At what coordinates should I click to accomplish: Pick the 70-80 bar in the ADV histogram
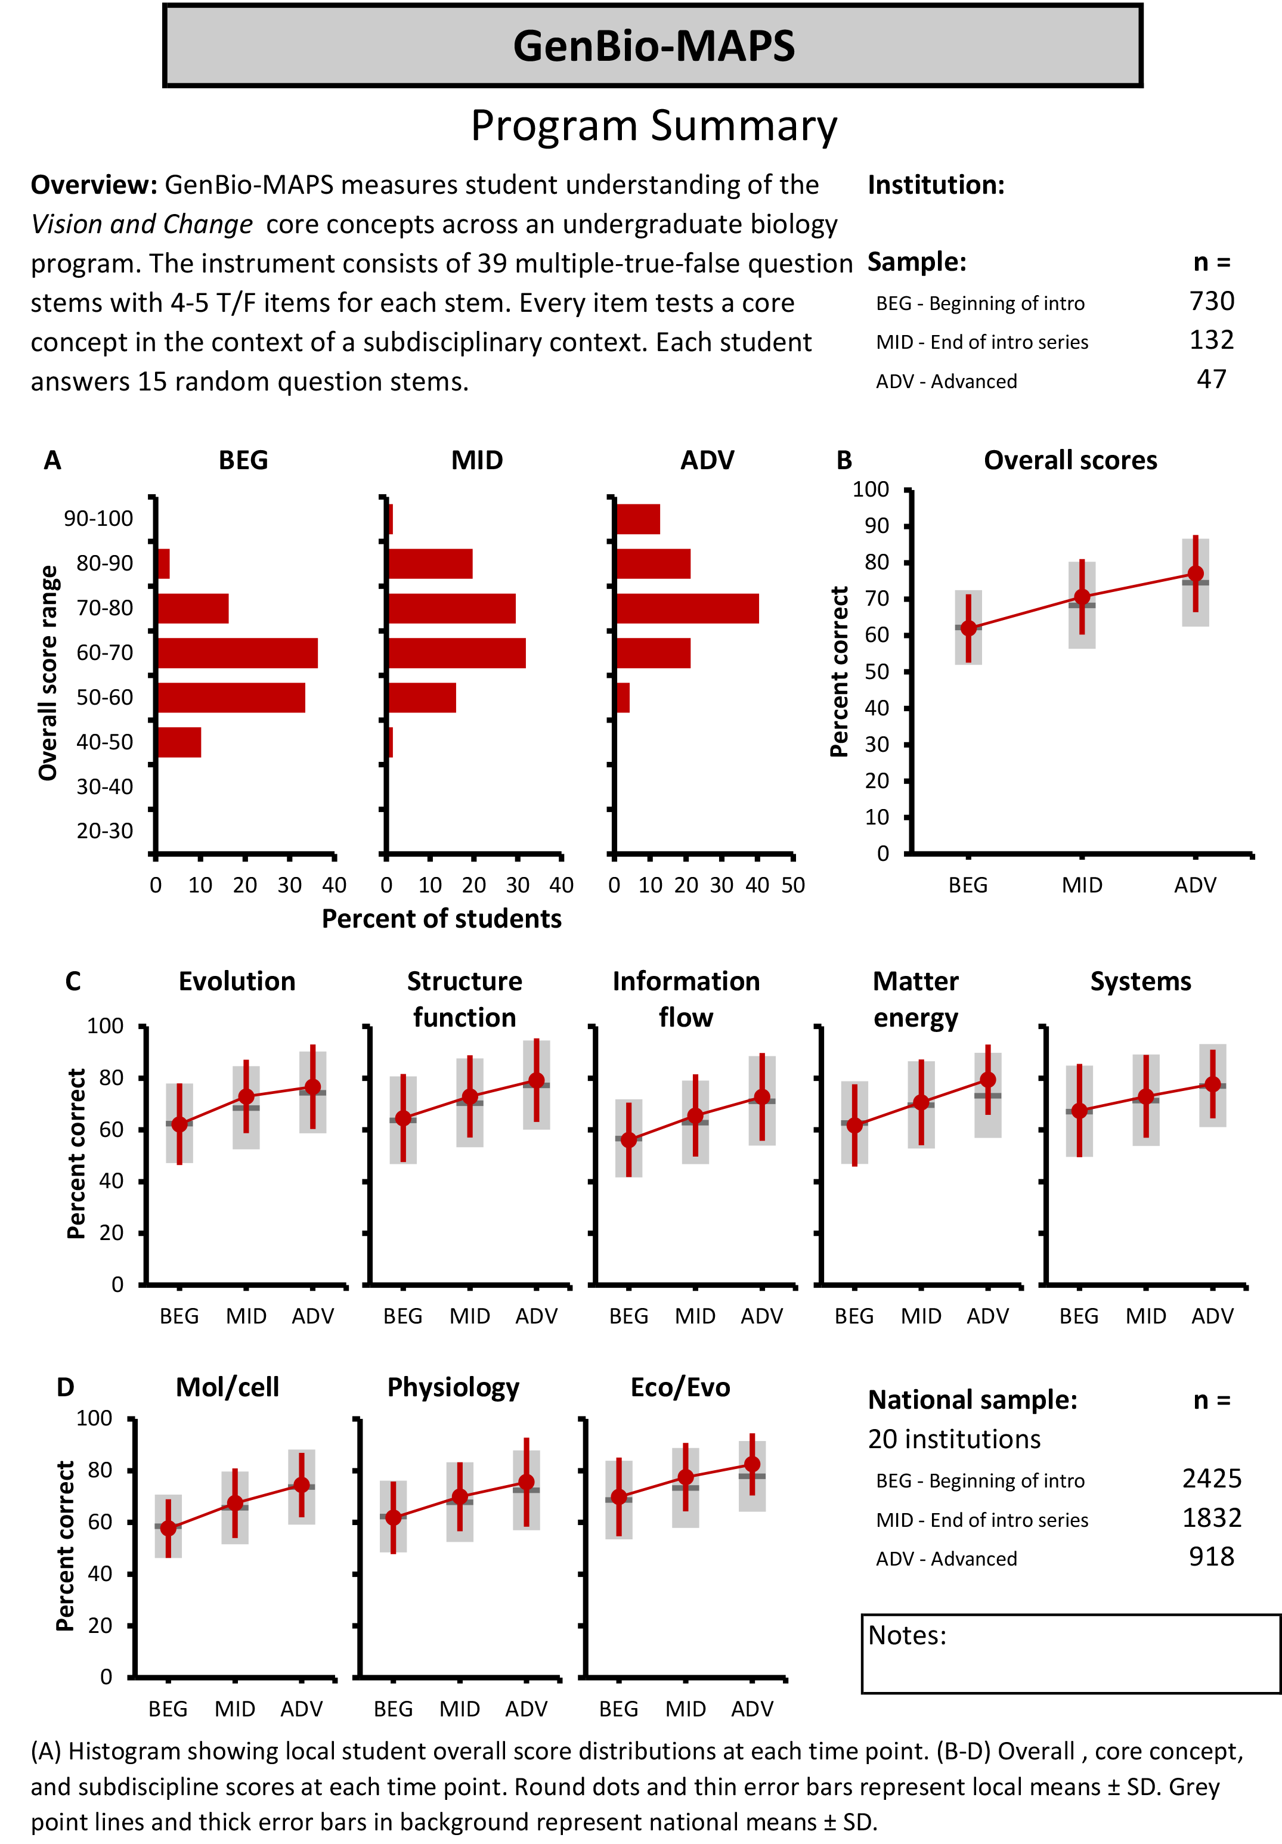pos(687,609)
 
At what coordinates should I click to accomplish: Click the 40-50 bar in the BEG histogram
pos(179,742)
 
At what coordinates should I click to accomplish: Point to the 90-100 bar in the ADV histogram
pos(638,519)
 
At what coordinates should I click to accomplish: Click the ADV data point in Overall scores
pos(1196,574)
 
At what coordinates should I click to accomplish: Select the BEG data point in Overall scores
pos(969,628)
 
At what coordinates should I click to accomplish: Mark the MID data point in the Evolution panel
pos(247,1096)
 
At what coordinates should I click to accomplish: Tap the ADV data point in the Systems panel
pos(1213,1084)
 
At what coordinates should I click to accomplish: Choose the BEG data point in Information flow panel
pos(629,1140)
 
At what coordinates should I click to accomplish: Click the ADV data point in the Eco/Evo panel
pos(753,1464)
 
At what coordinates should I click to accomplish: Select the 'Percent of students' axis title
pos(441,919)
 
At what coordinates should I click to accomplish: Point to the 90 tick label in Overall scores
pos(877,526)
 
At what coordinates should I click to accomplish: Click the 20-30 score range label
pos(104,831)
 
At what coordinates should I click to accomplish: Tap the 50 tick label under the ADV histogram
pos(793,885)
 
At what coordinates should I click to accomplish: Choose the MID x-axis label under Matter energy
pos(921,1316)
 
